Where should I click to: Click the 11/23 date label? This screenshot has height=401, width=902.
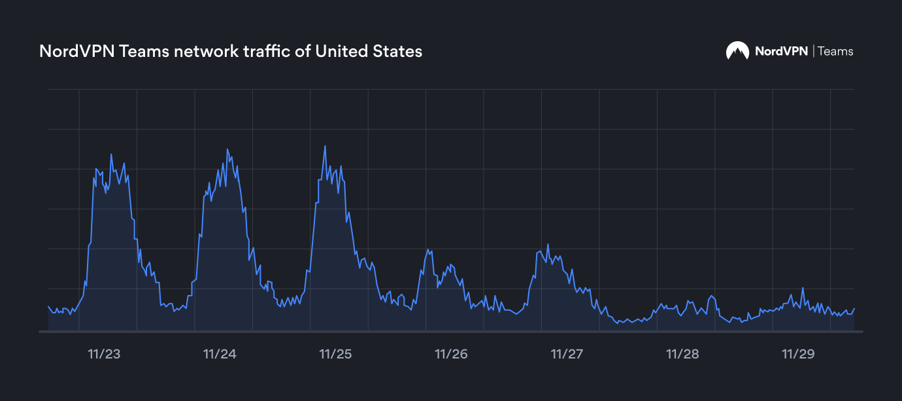tap(104, 354)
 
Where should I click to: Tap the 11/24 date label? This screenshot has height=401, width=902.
tap(220, 354)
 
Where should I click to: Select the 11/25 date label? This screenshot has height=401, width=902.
tap(335, 354)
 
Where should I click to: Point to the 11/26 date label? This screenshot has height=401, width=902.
tap(451, 354)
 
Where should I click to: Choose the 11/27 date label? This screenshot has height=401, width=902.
tap(567, 354)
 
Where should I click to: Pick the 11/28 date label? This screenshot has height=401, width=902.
tap(682, 354)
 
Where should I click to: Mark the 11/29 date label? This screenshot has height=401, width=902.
tap(798, 354)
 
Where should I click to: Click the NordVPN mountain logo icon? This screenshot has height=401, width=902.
tap(737, 51)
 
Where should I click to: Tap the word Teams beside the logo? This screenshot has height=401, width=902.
tap(835, 51)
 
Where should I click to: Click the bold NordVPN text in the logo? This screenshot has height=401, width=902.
tap(781, 51)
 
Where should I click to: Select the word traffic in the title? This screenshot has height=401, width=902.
tap(268, 51)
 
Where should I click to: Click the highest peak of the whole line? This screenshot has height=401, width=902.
tap(325, 146)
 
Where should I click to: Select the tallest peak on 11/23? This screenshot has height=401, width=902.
tap(111, 154)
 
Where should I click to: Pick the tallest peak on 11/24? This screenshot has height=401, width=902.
tap(227, 149)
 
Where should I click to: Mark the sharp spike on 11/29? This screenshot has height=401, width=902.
tap(803, 288)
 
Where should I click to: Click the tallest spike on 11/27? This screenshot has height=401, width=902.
tap(548, 245)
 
